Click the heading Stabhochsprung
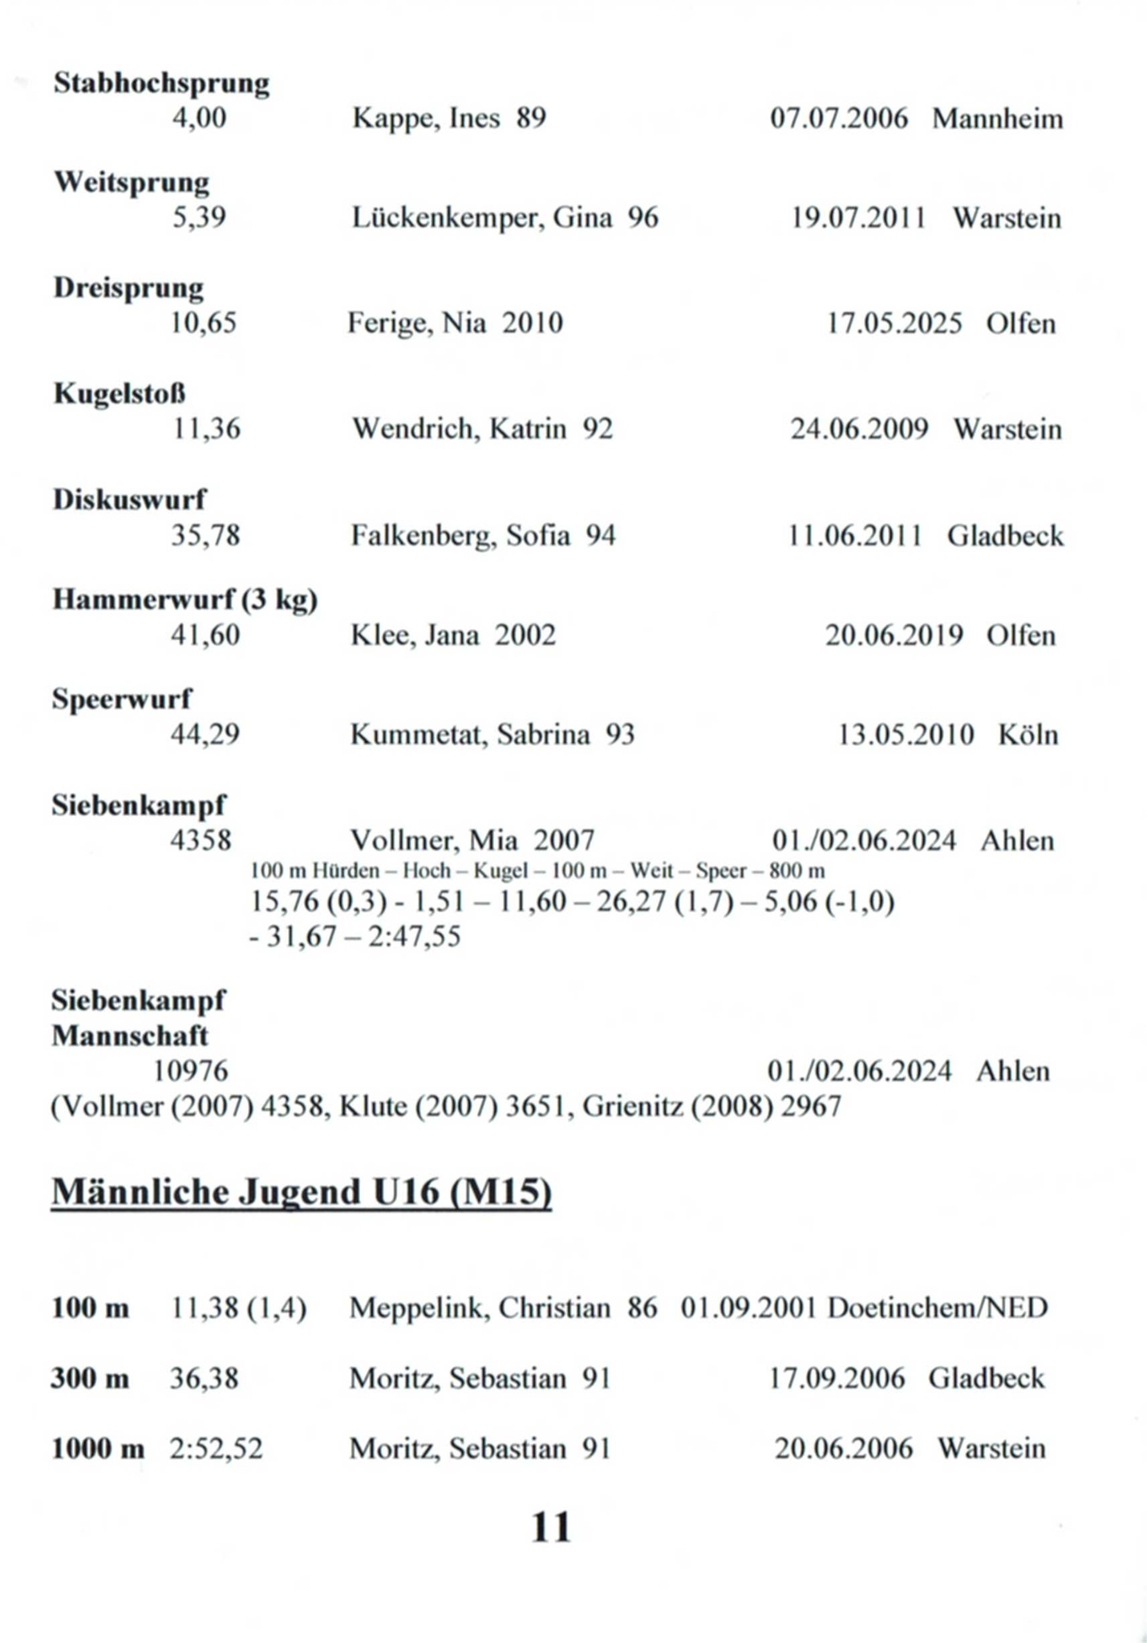pyautogui.click(x=161, y=83)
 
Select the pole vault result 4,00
pyautogui.click(x=199, y=119)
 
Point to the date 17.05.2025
pyautogui.click(x=894, y=323)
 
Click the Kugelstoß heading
pyautogui.click(x=120, y=394)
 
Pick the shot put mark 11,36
pyautogui.click(x=206, y=429)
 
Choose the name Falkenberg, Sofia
pyautogui.click(x=460, y=535)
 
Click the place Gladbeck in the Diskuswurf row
pyautogui.click(x=1005, y=535)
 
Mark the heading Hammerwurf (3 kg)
pyautogui.click(x=185, y=599)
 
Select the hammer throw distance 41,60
pyautogui.click(x=205, y=635)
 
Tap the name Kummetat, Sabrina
pyautogui.click(x=470, y=735)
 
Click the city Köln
pyautogui.click(x=1027, y=735)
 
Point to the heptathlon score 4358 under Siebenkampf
pyautogui.click(x=201, y=841)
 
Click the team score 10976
pyautogui.click(x=191, y=1071)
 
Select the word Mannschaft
pyautogui.click(x=130, y=1036)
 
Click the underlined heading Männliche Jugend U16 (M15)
pyautogui.click(x=302, y=1192)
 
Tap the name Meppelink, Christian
pyautogui.click(x=480, y=1308)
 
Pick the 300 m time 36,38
pyautogui.click(x=204, y=1379)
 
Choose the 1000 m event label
pyautogui.click(x=98, y=1449)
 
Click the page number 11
pyautogui.click(x=551, y=1527)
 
